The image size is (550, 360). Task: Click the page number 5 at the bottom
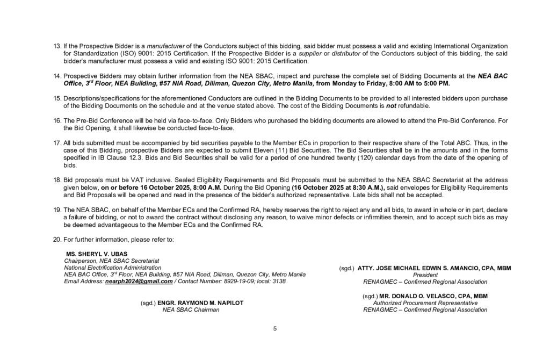[274, 329]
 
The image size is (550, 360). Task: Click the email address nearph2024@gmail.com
[139, 281]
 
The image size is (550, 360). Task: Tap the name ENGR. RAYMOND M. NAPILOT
[200, 303]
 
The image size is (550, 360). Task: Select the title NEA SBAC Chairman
[191, 309]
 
